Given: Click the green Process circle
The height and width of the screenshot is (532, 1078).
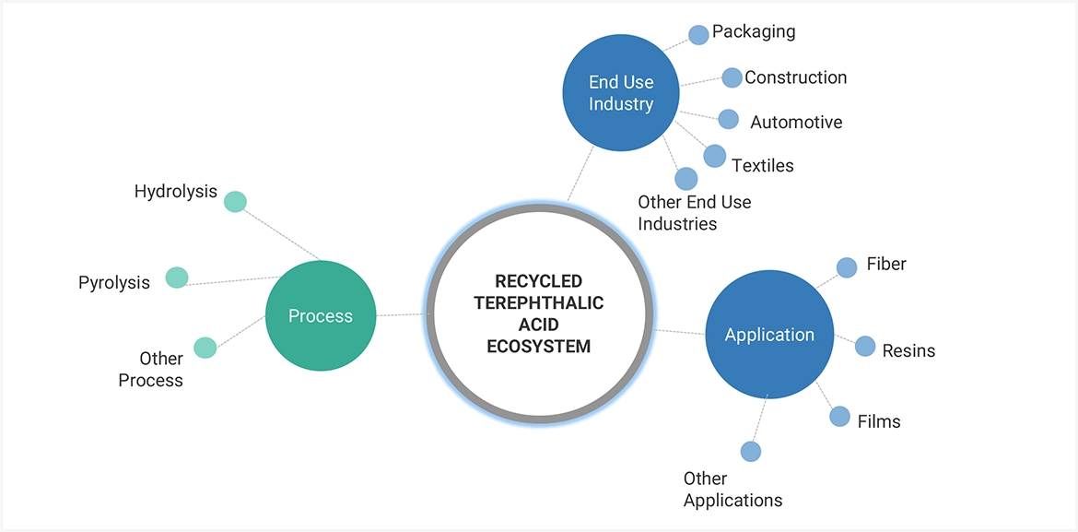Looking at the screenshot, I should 321,316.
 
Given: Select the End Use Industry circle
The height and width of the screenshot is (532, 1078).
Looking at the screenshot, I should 621,94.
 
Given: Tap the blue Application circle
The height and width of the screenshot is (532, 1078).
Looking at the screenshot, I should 769,335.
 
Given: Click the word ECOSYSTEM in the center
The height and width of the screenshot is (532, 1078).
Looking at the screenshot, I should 539,347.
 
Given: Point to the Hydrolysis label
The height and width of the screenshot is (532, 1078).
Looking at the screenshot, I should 176,192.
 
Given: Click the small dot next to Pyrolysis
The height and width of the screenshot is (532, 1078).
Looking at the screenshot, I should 177,277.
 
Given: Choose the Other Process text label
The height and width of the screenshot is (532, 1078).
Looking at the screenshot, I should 151,369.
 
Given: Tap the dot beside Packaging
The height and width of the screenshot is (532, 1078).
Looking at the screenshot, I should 698,34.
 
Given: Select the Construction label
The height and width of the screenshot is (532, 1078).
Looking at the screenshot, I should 795,77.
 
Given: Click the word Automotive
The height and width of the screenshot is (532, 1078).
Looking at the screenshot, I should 796,122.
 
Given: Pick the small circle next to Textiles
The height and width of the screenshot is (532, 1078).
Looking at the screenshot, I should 714,156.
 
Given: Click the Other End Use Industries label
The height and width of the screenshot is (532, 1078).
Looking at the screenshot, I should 694,212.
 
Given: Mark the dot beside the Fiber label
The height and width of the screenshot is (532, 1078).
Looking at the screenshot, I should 846,267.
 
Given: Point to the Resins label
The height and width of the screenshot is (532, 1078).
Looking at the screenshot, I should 908,350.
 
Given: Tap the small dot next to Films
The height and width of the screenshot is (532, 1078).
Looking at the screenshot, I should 839,416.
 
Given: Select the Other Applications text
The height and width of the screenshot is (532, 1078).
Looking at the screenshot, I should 732,490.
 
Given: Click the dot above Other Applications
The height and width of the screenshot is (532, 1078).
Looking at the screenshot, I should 751,452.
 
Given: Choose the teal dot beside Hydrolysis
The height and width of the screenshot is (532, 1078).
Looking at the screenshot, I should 235,202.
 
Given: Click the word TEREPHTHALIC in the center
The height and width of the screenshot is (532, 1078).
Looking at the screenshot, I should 539,302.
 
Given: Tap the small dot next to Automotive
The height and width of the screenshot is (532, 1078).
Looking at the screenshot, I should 728,119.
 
